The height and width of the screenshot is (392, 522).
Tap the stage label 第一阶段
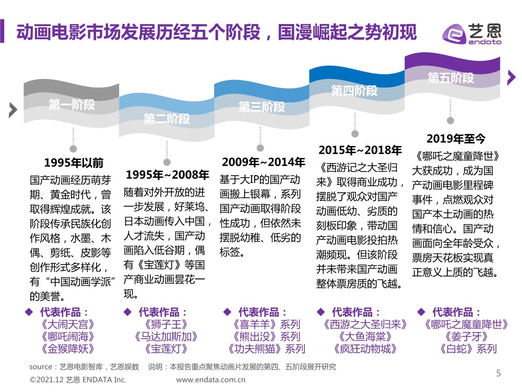pyautogui.click(x=72, y=104)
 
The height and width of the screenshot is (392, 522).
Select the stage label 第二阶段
pyautogui.click(x=167, y=119)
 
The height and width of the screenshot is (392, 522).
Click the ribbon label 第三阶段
pyautogui.click(x=262, y=107)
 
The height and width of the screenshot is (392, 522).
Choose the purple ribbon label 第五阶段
pyautogui.click(x=450, y=78)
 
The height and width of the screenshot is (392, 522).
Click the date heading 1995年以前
pyautogui.click(x=74, y=162)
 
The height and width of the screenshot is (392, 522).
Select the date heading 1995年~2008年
pyautogui.click(x=167, y=175)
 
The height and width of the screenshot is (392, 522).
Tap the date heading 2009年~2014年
pyautogui.click(x=263, y=162)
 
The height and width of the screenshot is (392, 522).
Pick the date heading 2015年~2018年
pyautogui.click(x=360, y=151)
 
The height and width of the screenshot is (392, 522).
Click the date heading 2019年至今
pyautogui.click(x=456, y=139)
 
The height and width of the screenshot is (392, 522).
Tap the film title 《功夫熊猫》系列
pyautogui.click(x=266, y=349)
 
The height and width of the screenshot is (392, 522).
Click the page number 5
pyautogui.click(x=498, y=373)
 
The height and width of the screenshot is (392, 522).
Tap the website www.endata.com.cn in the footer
pyautogui.click(x=214, y=380)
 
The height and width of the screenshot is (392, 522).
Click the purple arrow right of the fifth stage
pyautogui.click(x=511, y=78)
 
